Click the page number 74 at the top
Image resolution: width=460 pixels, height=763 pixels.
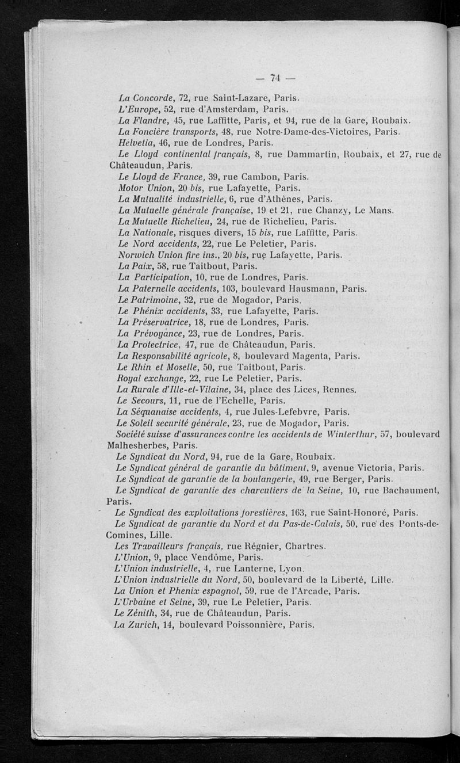coord(274,78)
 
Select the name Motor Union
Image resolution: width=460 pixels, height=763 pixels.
coord(143,187)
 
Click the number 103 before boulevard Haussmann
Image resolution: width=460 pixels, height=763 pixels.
coord(228,289)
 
